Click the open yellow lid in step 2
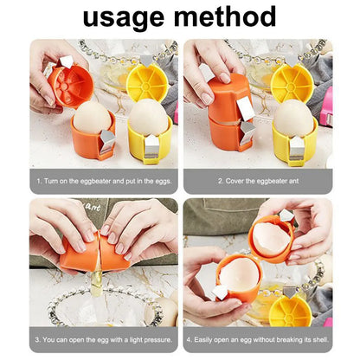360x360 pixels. (x=290, y=80)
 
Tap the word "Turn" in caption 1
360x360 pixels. (x=55, y=182)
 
